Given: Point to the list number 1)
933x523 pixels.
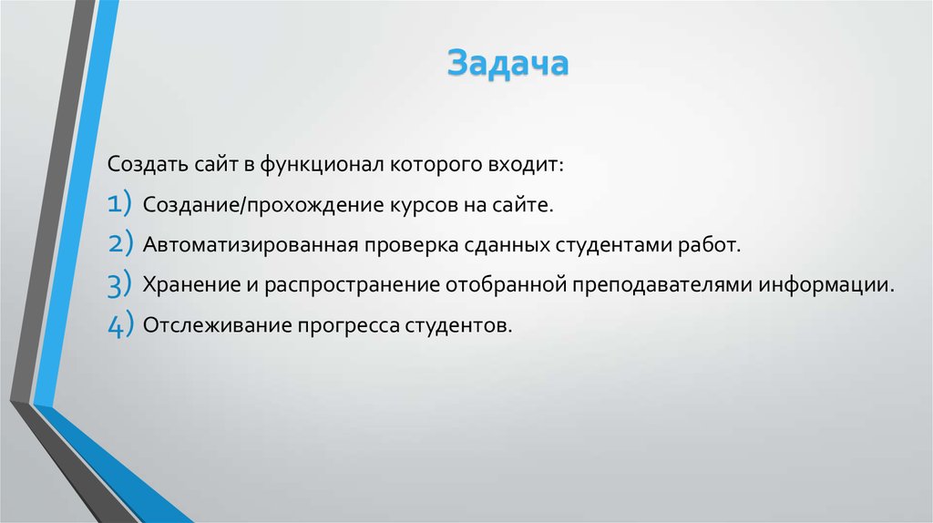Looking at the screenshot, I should coord(120,206).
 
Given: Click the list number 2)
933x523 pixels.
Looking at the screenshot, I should coord(120,245).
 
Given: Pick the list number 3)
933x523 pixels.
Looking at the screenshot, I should coord(120,285).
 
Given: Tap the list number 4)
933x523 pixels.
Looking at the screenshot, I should coord(120,325).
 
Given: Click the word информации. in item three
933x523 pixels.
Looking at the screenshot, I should coord(823,285).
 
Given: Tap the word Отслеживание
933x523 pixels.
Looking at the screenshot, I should coord(214,325).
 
